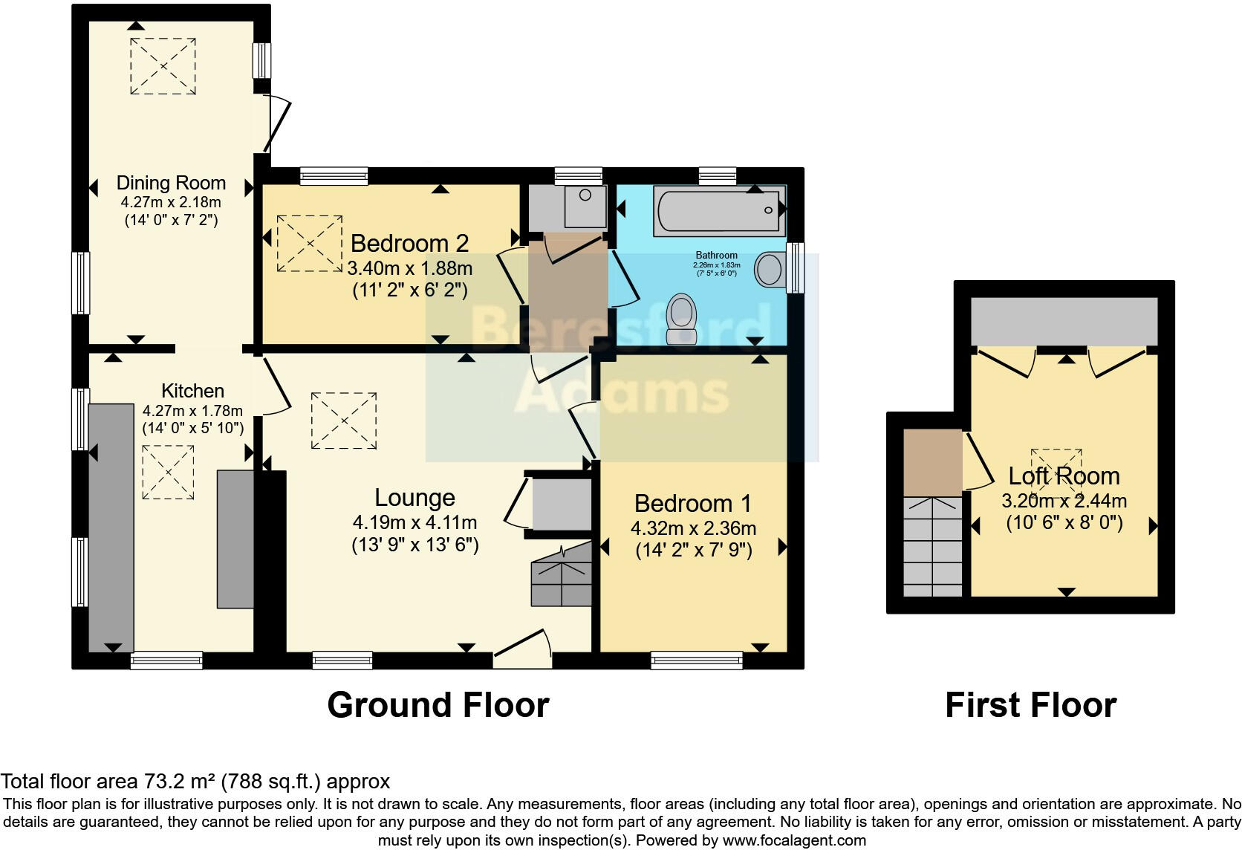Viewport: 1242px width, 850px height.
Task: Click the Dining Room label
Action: click(x=171, y=183)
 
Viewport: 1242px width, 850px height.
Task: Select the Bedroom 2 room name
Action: click(x=409, y=243)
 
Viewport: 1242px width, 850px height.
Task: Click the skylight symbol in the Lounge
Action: click(x=343, y=421)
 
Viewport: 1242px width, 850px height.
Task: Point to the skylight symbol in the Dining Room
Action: click(x=163, y=66)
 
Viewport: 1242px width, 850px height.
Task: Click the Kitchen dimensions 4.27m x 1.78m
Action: click(x=192, y=410)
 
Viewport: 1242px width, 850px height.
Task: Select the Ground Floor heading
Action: click(x=438, y=705)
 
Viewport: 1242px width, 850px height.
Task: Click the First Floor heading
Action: click(x=1030, y=705)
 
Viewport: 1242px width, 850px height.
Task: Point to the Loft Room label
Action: click(x=1063, y=476)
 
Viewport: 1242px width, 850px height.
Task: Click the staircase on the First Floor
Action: click(x=932, y=546)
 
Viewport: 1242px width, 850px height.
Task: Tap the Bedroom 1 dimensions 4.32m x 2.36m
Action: click(x=693, y=528)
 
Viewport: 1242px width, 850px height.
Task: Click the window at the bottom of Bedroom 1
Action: click(x=696, y=660)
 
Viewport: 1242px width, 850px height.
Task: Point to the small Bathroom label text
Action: click(x=716, y=255)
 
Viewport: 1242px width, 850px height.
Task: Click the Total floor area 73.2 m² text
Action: click(x=195, y=781)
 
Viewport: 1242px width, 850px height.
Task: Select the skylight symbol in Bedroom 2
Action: click(x=309, y=244)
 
